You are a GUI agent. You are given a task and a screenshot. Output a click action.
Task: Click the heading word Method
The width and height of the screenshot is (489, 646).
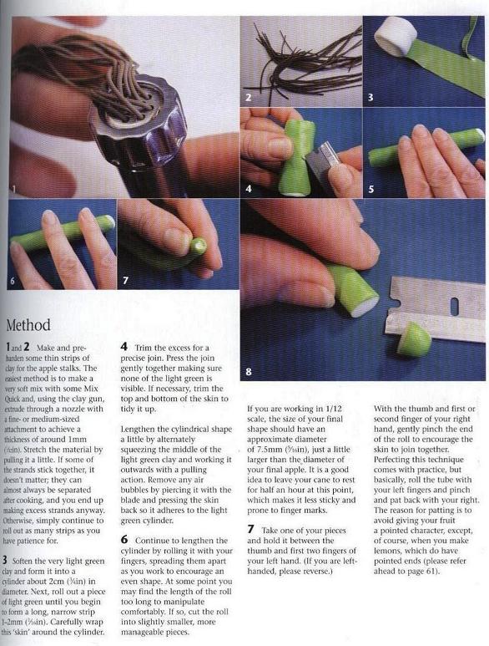(x=28, y=324)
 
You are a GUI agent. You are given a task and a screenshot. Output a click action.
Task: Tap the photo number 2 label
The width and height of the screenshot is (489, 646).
(x=248, y=98)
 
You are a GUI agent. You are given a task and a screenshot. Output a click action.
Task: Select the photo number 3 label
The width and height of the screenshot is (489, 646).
(x=371, y=98)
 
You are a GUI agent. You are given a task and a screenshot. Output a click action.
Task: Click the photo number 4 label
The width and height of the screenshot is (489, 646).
(x=249, y=189)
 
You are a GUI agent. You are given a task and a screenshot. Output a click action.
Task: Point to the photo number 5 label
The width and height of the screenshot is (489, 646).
(x=371, y=189)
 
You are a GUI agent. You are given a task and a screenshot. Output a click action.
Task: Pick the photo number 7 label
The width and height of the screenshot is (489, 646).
(x=125, y=281)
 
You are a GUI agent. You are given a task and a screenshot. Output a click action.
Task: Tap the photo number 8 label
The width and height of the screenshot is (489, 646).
(x=249, y=372)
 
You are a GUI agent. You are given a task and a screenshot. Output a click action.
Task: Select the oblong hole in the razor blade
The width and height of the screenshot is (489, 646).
(x=455, y=306)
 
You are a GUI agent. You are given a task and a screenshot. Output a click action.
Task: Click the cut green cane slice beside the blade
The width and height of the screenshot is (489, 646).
(x=415, y=340)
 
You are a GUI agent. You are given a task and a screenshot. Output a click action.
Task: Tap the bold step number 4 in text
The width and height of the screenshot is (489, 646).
(x=124, y=347)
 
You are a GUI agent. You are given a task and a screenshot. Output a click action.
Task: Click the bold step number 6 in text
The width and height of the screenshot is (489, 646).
(x=124, y=540)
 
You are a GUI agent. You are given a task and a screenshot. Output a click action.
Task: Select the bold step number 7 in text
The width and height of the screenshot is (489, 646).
(x=250, y=530)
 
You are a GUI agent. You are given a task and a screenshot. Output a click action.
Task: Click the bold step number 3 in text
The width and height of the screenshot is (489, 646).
(x=4, y=560)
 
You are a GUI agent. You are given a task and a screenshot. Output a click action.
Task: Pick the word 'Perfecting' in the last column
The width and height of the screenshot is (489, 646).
(x=393, y=460)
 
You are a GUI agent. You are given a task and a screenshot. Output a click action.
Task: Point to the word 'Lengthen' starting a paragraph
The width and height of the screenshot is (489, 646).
(x=137, y=430)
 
